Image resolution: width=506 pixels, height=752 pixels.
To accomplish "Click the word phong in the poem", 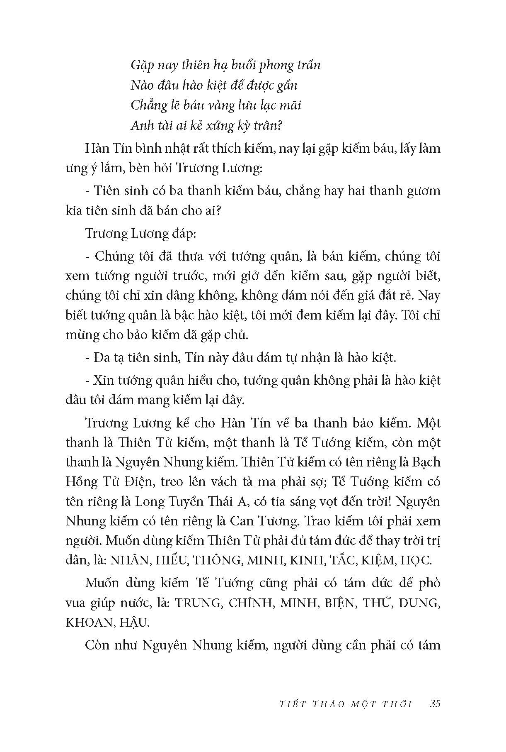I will point(282,65).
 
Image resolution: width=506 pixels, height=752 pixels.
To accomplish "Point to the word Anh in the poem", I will point(141,125).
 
